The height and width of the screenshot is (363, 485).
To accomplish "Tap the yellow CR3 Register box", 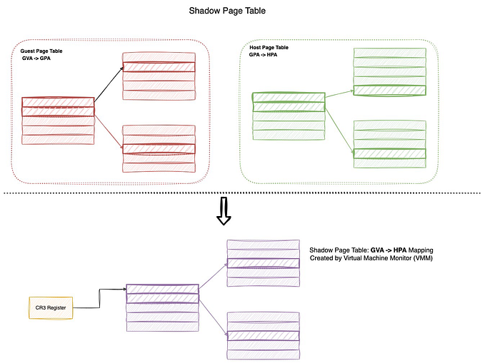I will click(50, 307).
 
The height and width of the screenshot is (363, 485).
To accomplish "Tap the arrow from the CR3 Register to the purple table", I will click(100, 298).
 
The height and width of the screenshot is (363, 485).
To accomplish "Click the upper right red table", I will click(159, 76).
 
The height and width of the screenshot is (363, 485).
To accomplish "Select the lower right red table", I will click(159, 148).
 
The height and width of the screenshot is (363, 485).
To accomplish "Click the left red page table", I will click(58, 121).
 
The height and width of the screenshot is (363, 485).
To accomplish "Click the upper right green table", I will click(390, 71).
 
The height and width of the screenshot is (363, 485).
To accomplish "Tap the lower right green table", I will click(390, 144).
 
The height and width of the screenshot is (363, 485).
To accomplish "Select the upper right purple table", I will click(263, 263).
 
